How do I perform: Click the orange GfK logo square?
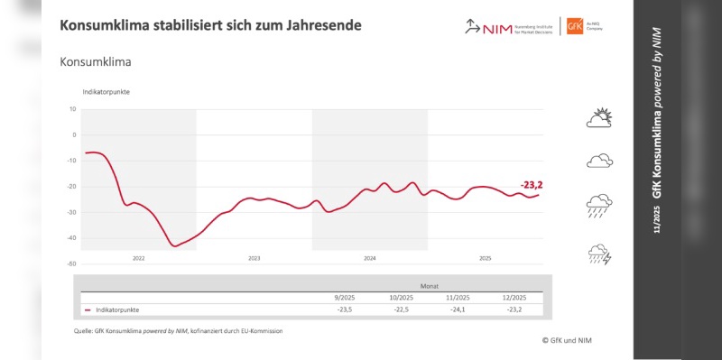tap(574, 26)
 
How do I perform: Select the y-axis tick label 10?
tap(72, 109)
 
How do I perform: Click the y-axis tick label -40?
tap(71, 238)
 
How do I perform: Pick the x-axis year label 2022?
tap(138, 258)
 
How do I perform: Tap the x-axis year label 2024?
tap(369, 258)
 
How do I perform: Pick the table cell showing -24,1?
tap(458, 309)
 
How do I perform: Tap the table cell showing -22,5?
tap(402, 309)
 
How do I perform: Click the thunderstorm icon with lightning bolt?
tap(600, 254)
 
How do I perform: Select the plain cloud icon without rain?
tap(600, 161)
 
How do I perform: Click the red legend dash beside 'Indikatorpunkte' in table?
tap(88, 309)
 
